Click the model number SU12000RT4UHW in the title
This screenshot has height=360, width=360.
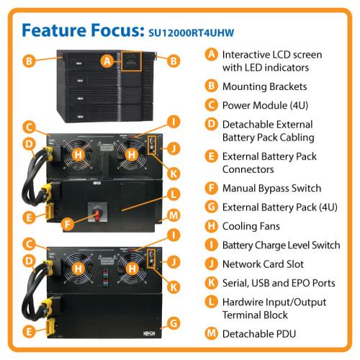tap(192, 33)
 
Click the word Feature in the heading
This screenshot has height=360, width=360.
tap(54, 30)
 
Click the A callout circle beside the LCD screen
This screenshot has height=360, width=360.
tap(107, 61)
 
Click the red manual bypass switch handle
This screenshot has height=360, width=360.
tap(97, 215)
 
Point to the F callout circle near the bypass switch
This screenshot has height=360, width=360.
tap(68, 224)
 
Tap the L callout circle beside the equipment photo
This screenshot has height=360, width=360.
tap(174, 194)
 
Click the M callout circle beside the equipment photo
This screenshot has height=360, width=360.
tap(174, 215)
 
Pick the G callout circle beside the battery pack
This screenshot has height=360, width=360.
tap(174, 323)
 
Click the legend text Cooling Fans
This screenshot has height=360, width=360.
tap(251, 226)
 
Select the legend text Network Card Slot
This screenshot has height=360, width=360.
tap(263, 264)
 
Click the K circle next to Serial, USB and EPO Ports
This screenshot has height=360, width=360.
tap(211, 283)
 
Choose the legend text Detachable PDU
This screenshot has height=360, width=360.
tap(259, 334)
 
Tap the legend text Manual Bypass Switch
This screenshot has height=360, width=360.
tap(271, 188)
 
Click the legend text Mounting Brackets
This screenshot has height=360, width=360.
tap(264, 86)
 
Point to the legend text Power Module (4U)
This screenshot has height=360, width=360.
tap(265, 105)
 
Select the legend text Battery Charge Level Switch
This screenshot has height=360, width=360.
tap(282, 245)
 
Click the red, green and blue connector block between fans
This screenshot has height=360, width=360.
tap(106, 278)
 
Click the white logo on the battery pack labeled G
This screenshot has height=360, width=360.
tap(149, 333)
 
